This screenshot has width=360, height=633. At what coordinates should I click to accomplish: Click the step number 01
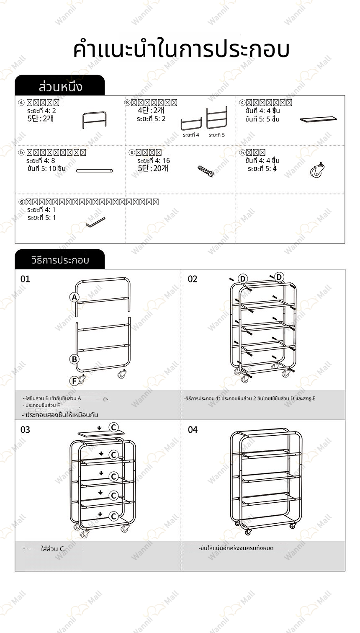(26, 279)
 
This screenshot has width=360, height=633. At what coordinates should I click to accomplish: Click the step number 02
(193, 279)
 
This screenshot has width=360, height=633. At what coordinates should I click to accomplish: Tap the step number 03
(26, 429)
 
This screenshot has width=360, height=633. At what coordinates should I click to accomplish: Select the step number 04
(193, 429)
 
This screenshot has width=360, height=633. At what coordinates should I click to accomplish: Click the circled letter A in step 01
(74, 297)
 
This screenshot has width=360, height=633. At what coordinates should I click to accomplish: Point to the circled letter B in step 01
(74, 359)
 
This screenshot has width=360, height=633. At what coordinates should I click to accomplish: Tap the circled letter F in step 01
(74, 381)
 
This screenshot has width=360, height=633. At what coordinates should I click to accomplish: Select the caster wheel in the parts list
(317, 170)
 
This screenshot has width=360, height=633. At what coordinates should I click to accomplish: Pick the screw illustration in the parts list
(206, 171)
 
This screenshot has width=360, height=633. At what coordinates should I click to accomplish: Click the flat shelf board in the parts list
(319, 119)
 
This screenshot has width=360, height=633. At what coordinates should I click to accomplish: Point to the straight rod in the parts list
(95, 171)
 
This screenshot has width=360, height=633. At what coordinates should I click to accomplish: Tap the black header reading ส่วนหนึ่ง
(60, 87)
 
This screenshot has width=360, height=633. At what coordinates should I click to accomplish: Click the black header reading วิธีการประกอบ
(60, 260)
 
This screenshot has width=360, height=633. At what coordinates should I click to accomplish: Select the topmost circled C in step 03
(113, 427)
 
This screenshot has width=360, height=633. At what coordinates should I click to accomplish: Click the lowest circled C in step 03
(113, 516)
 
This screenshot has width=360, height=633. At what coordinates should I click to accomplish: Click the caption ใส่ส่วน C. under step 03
(53, 549)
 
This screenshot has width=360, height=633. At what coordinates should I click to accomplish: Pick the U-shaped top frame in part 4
(94, 120)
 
